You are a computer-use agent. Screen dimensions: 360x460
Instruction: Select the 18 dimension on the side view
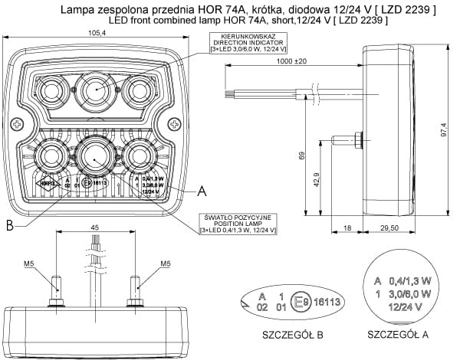[x=347, y=227]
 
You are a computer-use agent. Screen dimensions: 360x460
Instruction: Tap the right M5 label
[x=164, y=264]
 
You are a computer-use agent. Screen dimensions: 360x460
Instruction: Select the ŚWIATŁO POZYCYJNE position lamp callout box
[x=237, y=223]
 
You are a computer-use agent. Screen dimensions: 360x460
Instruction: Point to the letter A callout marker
[x=201, y=188]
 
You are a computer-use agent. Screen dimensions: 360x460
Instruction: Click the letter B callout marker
[x=10, y=224]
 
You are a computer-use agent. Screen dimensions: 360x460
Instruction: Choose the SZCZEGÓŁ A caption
[x=398, y=334]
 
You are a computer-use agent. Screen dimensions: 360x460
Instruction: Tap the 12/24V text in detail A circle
[x=401, y=306]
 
